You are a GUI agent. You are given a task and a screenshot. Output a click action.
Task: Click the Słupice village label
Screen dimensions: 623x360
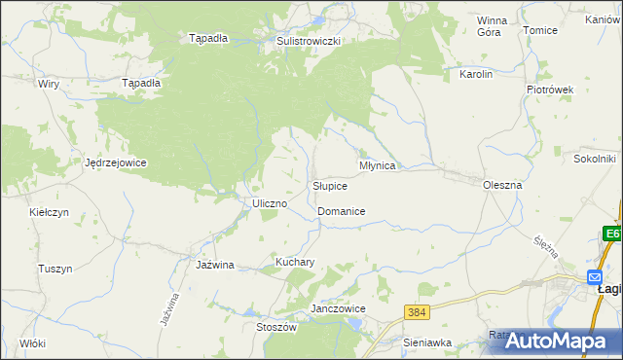click(330, 186)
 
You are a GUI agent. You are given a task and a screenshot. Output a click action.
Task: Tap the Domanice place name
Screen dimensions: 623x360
click(341, 211)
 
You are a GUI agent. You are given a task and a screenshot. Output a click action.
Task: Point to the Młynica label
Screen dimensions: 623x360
click(377, 166)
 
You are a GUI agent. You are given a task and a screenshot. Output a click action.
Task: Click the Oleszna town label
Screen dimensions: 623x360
click(502, 184)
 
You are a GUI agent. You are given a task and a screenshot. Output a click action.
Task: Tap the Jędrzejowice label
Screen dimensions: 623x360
click(115, 162)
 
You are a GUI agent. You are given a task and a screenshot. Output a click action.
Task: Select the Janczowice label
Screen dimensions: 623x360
click(337, 308)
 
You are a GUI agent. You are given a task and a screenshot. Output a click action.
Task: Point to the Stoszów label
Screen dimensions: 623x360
click(275, 328)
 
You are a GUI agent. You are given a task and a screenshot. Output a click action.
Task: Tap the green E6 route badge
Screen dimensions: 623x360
click(611, 234)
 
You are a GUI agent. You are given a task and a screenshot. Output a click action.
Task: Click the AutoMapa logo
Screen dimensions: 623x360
click(562, 341)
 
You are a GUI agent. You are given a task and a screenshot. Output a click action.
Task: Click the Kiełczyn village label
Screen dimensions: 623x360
click(48, 211)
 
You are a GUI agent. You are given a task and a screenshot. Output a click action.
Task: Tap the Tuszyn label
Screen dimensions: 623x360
click(55, 269)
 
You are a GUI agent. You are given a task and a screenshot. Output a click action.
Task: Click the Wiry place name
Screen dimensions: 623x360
click(49, 85)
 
